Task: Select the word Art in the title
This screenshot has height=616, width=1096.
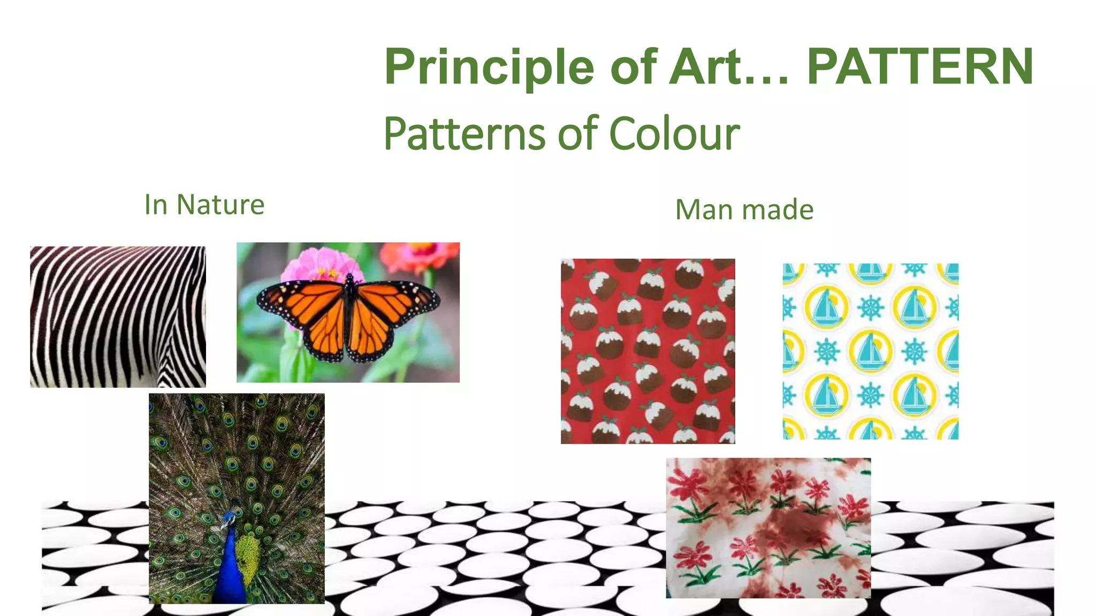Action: coord(706,67)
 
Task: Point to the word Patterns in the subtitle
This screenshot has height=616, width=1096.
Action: coord(465,133)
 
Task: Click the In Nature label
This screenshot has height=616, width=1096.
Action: coord(204,205)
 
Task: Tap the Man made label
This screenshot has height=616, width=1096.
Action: coord(744,210)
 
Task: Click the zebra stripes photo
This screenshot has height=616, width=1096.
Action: coord(118,317)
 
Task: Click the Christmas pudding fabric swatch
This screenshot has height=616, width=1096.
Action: coord(648,351)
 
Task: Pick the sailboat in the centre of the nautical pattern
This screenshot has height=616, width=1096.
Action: coord(871,351)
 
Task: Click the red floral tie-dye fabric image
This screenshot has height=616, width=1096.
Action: coord(768,528)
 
